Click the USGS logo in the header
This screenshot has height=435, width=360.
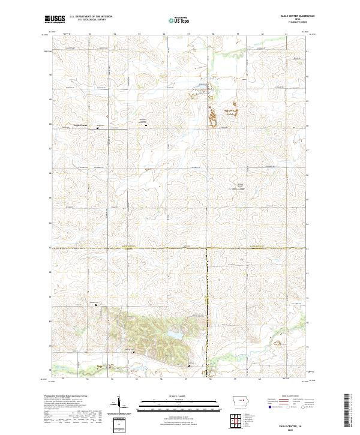(x=55, y=19)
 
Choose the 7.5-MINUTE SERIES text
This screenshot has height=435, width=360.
(x=294, y=23)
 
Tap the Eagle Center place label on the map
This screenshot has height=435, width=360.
(x=80, y=125)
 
